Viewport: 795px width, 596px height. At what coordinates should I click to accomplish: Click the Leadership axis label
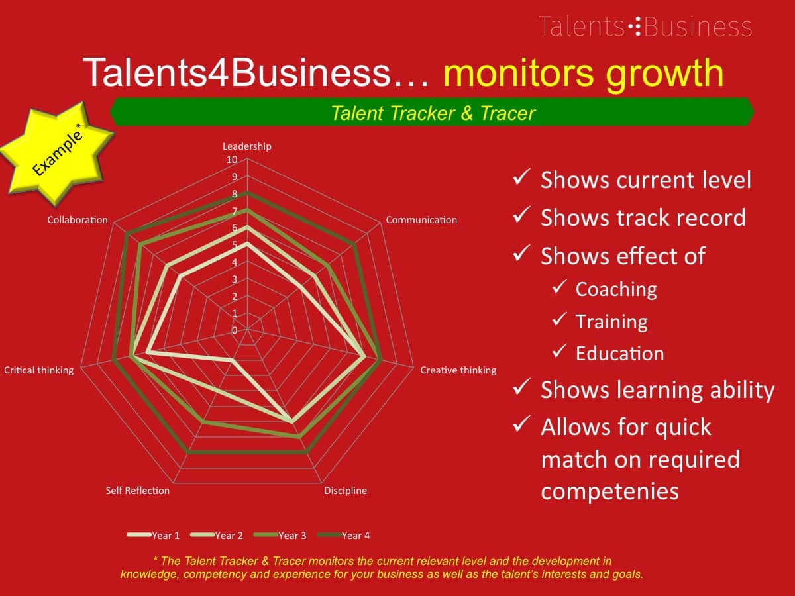(246, 146)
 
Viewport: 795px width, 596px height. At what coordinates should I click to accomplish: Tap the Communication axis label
(421, 220)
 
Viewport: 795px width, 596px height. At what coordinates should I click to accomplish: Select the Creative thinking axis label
(458, 370)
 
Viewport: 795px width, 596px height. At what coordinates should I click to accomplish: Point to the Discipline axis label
(346, 491)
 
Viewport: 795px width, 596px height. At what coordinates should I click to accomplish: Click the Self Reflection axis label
(138, 491)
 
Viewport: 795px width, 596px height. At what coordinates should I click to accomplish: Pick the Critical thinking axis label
(38, 370)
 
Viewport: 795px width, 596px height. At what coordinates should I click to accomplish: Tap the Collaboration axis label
(78, 220)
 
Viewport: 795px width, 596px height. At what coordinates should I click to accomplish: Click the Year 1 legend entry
(153, 536)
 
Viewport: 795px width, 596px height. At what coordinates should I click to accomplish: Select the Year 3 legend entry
(280, 536)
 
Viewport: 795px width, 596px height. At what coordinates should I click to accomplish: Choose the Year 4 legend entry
(343, 536)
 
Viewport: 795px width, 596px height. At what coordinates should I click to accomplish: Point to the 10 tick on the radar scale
(232, 160)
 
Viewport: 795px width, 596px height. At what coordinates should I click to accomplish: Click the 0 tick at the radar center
(235, 330)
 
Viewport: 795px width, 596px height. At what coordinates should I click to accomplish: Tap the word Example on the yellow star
(57, 153)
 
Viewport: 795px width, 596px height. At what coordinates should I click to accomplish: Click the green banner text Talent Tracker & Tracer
(433, 113)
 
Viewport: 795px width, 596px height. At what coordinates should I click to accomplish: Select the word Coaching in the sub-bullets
(616, 289)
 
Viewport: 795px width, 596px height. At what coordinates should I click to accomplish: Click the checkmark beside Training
(559, 320)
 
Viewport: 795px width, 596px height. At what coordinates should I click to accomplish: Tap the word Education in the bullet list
(620, 354)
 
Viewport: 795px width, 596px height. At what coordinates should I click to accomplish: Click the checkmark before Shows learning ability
(521, 387)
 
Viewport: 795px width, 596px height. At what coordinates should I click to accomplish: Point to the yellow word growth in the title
(665, 74)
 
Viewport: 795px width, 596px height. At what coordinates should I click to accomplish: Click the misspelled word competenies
(610, 491)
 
